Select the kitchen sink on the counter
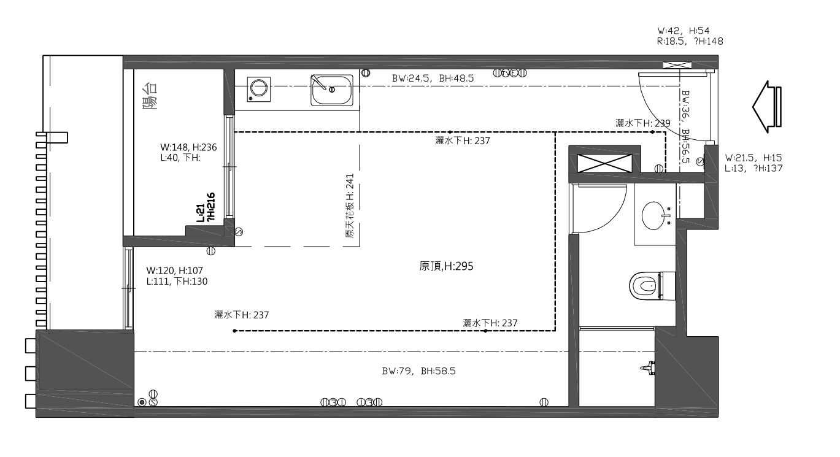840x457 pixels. [332, 90]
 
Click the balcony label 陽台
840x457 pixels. [150, 96]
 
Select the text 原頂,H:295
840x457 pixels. [446, 266]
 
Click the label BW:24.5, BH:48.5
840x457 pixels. [433, 79]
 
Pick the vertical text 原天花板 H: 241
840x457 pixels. [350, 209]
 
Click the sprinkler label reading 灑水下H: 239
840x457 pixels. [642, 123]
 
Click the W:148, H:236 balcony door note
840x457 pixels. [189, 147]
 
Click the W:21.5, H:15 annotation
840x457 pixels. [753, 158]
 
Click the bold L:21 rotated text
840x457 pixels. [200, 213]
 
